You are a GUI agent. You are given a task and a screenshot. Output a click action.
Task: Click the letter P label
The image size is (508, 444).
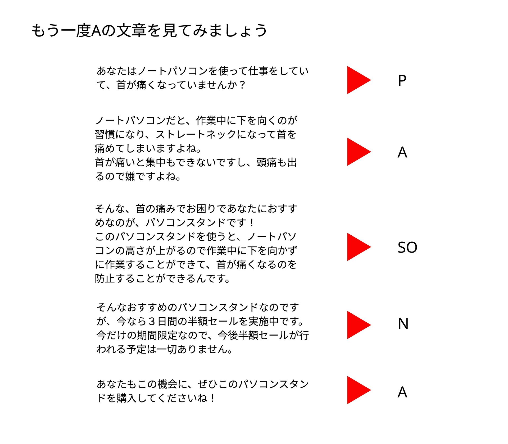(x=402, y=80)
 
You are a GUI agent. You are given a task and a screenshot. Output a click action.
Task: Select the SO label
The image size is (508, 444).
(x=407, y=248)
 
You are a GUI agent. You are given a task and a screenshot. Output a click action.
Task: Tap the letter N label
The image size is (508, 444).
(x=403, y=323)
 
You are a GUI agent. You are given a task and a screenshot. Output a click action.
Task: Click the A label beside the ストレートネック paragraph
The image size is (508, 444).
(x=402, y=152)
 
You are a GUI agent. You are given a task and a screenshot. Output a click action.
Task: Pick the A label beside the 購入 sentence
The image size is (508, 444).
(x=402, y=392)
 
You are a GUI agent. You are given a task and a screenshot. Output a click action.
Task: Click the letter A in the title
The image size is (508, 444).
(x=96, y=30)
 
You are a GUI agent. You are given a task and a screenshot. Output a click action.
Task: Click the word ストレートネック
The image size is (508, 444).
(x=196, y=134)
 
